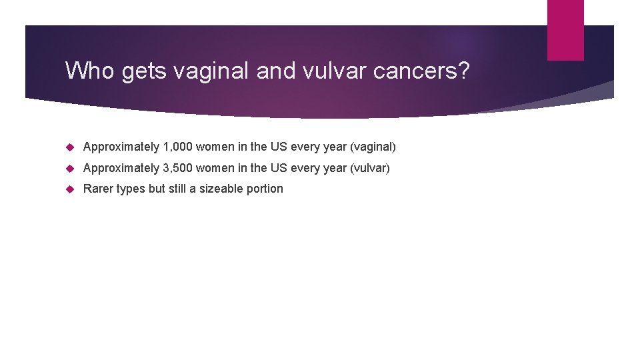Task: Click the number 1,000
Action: (177, 147)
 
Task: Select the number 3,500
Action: (177, 168)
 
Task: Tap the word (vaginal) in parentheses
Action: (373, 147)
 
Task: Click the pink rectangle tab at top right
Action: (565, 30)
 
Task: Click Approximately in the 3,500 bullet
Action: (121, 168)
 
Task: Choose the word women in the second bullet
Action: (214, 168)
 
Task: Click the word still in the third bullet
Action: (177, 189)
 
